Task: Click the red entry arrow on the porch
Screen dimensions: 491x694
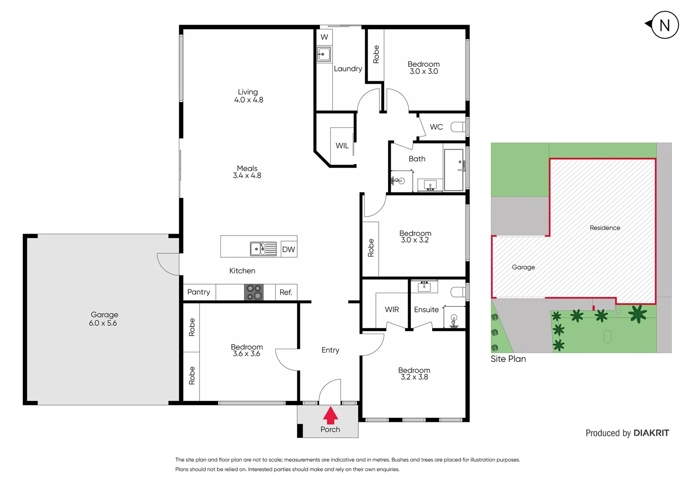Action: coord(330,415)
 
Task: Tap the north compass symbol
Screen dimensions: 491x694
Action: coord(664,25)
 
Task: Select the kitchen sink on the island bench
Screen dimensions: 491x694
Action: coord(263,249)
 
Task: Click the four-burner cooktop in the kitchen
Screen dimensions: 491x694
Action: coord(254,292)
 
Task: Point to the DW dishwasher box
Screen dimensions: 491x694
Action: coord(289,249)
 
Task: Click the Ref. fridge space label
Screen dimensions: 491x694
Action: coord(286,292)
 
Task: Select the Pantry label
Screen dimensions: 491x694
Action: coord(199,292)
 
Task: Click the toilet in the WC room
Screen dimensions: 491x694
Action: coord(458,127)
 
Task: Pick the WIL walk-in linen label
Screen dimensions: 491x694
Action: coord(342,145)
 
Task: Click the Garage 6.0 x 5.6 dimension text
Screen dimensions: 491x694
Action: coord(103,323)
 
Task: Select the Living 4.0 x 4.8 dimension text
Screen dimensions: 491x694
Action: coord(249,100)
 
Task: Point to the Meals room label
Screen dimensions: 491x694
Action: coord(247,168)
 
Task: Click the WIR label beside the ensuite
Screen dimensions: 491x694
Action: coord(392,310)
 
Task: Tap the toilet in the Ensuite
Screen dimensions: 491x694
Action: coord(458,292)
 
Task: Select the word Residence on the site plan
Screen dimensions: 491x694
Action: coord(604,228)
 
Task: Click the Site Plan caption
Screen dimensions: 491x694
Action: coord(508,359)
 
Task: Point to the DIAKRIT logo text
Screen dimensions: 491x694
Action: coord(651,433)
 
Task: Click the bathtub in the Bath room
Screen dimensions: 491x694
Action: coord(453,170)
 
